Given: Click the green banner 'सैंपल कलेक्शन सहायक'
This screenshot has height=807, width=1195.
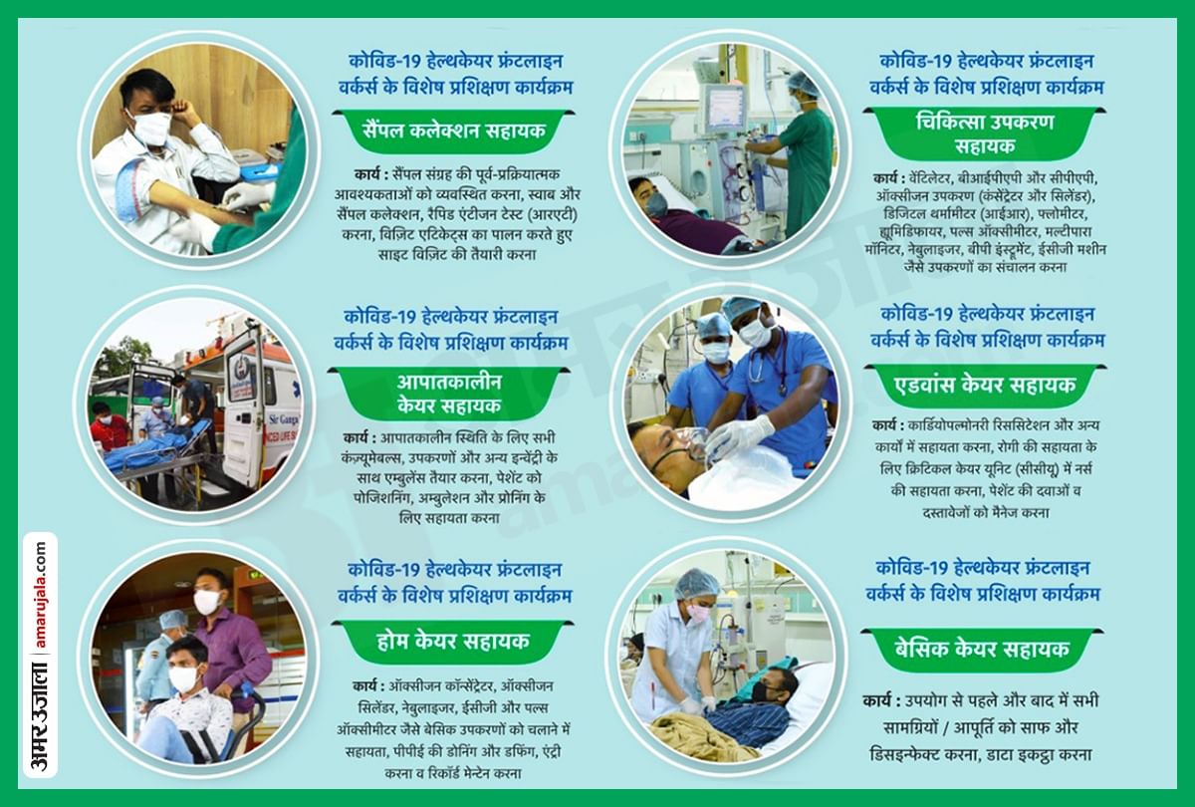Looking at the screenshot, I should (x=453, y=131).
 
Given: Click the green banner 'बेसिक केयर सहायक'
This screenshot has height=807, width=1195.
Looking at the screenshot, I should (x=981, y=649).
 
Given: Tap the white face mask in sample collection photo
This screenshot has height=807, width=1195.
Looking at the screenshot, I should (x=151, y=128).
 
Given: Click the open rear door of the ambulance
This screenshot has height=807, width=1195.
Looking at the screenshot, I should (x=242, y=403).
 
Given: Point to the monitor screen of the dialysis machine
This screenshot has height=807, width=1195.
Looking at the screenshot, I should (x=724, y=108).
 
